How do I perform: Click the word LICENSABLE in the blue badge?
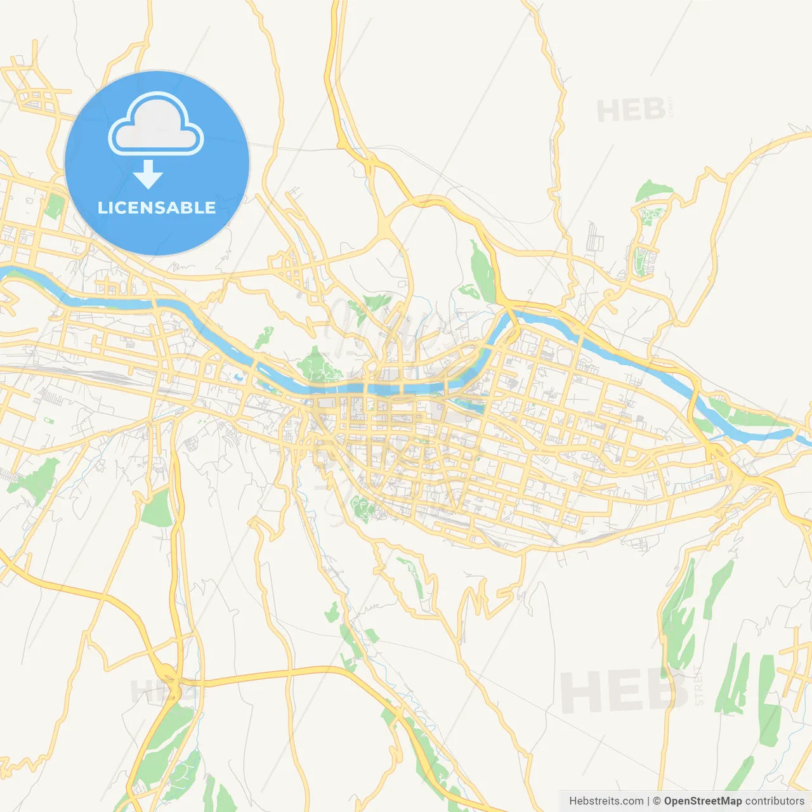click(x=157, y=207)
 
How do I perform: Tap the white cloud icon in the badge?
click(x=156, y=125)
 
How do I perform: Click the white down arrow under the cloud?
click(x=148, y=174)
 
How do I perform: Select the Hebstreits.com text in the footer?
click(x=606, y=801)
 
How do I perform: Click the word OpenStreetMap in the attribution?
click(x=702, y=801)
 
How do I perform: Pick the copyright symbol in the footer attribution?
click(x=657, y=801)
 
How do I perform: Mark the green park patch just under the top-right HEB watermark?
click(x=653, y=190)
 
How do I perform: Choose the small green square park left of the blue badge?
click(x=55, y=206)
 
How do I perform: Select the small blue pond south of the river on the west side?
click(x=239, y=378)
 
